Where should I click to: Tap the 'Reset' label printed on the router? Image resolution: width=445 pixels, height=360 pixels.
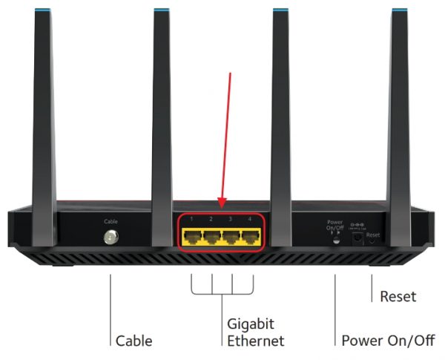373,234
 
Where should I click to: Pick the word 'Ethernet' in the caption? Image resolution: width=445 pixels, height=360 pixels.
255,341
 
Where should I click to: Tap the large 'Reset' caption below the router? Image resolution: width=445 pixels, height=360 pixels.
398,297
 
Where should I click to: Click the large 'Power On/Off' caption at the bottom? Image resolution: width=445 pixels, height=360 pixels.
389,341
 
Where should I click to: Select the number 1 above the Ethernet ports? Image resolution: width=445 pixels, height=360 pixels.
191,220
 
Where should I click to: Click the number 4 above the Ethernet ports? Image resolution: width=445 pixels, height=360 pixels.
251,220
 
